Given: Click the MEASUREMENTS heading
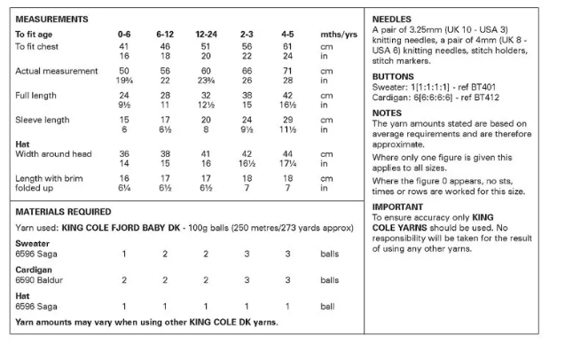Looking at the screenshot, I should click(51, 18).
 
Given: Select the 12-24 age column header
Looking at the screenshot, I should click(205, 33).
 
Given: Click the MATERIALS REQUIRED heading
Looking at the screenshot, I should click(63, 212).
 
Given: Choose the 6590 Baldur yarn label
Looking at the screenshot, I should click(40, 279).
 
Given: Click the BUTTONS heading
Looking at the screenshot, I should click(394, 77).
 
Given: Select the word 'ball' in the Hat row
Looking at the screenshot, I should click(329, 306).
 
